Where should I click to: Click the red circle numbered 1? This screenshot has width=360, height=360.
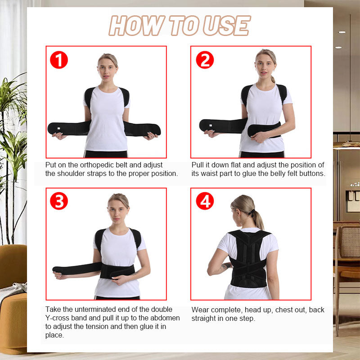click(58, 59)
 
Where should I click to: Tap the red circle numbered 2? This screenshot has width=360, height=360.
click(204, 59)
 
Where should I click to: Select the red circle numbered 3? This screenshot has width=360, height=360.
click(58, 201)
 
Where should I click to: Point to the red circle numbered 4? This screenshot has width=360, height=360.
click(204, 201)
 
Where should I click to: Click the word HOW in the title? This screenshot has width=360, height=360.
click(131, 26)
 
